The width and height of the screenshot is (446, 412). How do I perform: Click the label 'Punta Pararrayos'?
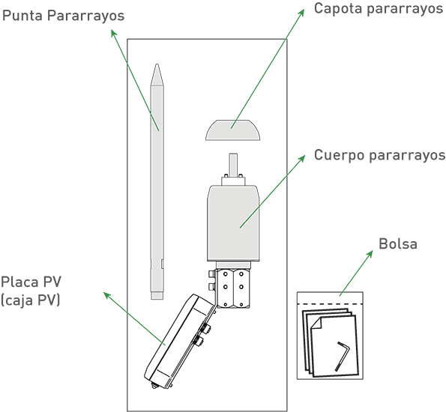point(63,16)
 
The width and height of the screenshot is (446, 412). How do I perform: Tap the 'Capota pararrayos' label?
point(379,9)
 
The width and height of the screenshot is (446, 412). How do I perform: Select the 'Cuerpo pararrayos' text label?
point(379,156)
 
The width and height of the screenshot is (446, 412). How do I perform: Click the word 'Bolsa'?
point(398,244)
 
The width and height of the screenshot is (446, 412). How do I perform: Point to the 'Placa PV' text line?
point(31,282)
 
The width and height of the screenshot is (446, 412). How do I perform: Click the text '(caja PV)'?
point(31,300)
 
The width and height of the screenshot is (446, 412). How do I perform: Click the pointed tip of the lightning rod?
point(157,65)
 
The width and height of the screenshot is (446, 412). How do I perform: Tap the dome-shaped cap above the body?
point(232,130)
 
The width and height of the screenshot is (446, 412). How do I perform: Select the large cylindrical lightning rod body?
point(233,223)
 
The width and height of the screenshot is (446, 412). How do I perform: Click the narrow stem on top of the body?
point(233,165)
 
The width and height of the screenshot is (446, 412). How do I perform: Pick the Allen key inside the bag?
point(342,355)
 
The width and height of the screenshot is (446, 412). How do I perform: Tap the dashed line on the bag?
point(330,304)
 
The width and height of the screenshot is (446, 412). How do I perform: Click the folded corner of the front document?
point(316,323)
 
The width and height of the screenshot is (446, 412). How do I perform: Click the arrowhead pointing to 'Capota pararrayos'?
point(301,13)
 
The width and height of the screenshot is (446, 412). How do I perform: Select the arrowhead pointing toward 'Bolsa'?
point(370,254)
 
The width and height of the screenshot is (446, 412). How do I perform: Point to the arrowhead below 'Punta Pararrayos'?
point(113,33)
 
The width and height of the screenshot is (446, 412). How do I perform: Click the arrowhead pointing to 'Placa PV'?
point(107,295)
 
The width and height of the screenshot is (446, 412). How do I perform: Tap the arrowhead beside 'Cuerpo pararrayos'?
point(302,158)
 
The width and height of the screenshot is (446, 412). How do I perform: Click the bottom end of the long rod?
point(157,299)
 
